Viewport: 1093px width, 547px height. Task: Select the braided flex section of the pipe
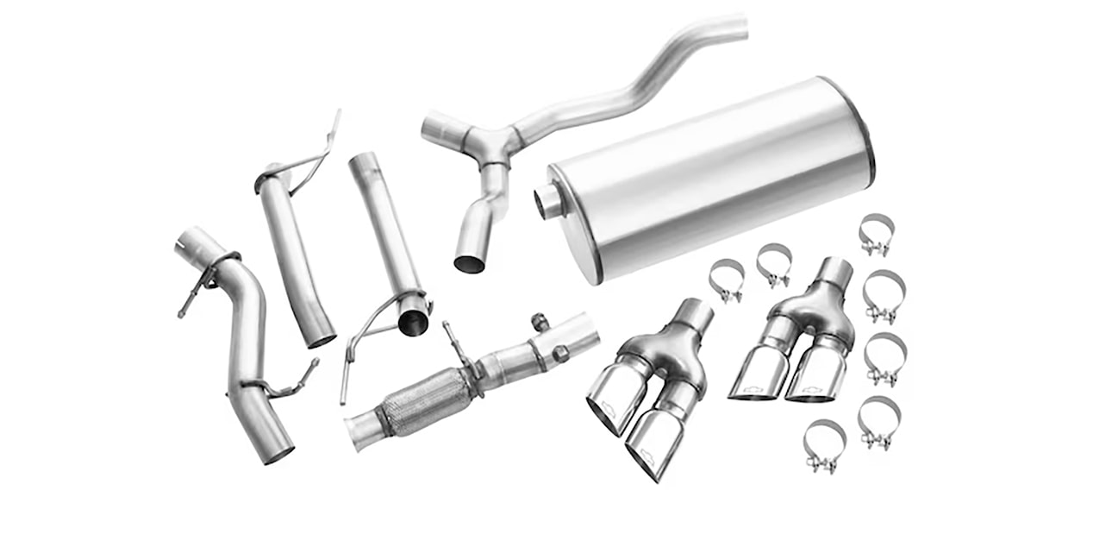[427, 401]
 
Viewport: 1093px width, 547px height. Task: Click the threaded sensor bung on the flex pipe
[541, 322]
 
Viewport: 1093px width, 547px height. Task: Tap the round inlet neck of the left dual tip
[694, 316]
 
